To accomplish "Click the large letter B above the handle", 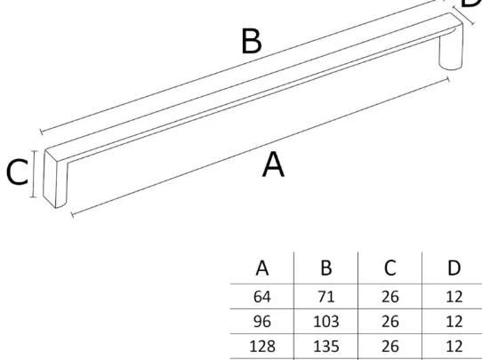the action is click(x=252, y=41).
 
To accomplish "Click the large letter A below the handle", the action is click(x=273, y=165).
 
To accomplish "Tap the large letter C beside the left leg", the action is click(x=17, y=172).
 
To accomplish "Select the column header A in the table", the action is click(x=262, y=268).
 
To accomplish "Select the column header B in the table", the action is click(x=326, y=268).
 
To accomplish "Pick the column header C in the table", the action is click(x=390, y=268).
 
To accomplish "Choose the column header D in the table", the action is click(x=454, y=268).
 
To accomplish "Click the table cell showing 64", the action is click(x=262, y=297).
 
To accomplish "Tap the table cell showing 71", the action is click(x=326, y=297).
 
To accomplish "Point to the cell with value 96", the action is click(x=262, y=322).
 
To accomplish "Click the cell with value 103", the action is click(x=326, y=322).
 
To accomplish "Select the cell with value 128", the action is click(x=262, y=347).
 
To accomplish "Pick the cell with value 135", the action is click(x=326, y=347).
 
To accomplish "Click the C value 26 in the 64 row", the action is click(x=390, y=297).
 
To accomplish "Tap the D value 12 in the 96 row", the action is click(x=454, y=322).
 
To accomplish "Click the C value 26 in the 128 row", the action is click(x=390, y=347).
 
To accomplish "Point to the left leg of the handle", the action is click(x=55, y=180).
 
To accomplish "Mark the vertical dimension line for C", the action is click(x=34, y=174).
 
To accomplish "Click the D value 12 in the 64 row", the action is click(x=454, y=297).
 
